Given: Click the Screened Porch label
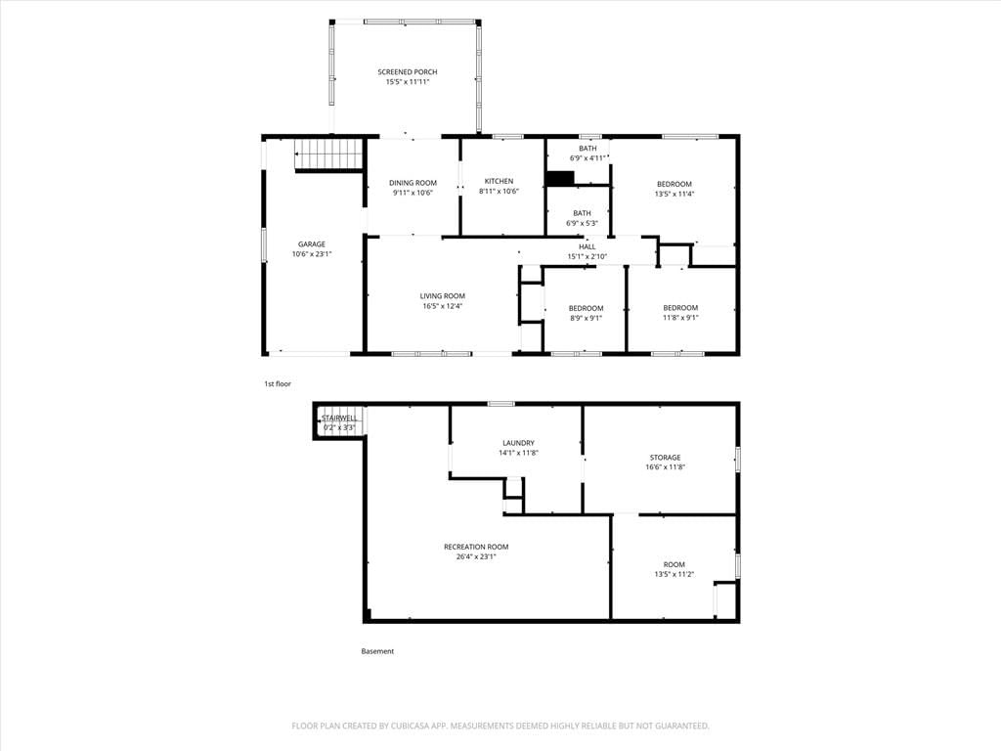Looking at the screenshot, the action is tap(408, 72).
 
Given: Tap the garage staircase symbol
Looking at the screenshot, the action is tap(328, 154).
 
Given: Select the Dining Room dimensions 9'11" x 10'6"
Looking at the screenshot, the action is tap(413, 193).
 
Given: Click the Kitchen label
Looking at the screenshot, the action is tap(499, 181).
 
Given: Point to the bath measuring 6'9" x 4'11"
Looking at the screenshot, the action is tap(588, 154).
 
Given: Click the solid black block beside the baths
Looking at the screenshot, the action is tap(560, 179).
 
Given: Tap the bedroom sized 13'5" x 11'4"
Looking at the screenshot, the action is tap(675, 189).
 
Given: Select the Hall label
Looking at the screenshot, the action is tap(588, 247).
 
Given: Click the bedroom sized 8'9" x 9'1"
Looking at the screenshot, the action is tap(587, 313).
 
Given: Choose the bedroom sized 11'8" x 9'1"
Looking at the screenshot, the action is tap(680, 312).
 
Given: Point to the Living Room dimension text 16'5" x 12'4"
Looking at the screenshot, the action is tap(443, 306).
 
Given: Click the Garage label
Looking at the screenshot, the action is tap(312, 244).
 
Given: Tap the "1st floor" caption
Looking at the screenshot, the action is tap(278, 383).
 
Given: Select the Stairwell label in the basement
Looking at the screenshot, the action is tap(339, 419).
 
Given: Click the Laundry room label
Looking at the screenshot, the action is tap(518, 443).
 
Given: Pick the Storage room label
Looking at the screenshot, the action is tap(665, 458).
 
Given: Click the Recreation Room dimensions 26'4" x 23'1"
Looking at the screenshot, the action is tap(476, 556).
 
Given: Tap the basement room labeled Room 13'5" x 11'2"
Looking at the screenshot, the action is tap(675, 569).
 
